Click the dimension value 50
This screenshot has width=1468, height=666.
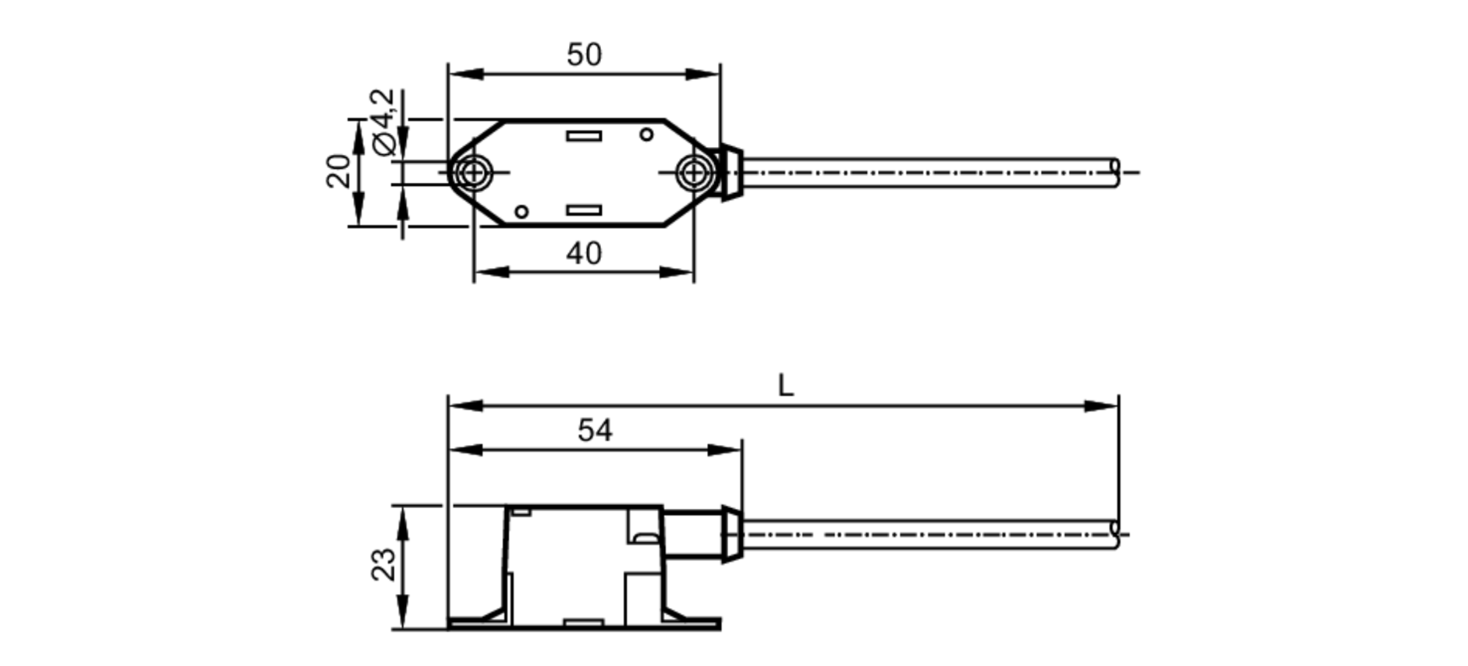coord(584,55)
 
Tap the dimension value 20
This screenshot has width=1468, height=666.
coord(338,171)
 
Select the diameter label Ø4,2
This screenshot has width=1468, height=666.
coord(384,123)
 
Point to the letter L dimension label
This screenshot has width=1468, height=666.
coord(785,386)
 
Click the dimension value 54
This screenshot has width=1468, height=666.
coord(595,431)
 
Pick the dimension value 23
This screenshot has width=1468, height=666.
coord(383,565)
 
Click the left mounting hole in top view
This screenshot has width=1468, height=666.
coord(474,173)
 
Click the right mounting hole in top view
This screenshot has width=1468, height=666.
coord(693,173)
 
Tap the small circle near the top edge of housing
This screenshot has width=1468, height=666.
coord(646,134)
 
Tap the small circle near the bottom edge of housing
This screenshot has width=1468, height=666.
coord(521,212)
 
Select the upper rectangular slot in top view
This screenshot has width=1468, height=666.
coord(584,136)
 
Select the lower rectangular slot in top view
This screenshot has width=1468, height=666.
coord(584,211)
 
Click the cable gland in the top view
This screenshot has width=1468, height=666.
coord(730,173)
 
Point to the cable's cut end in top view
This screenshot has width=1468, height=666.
coord(1116,173)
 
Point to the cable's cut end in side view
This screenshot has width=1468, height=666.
coord(1116,534)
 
